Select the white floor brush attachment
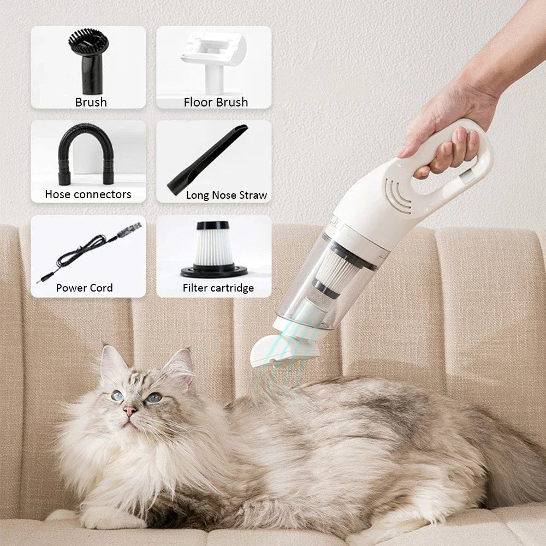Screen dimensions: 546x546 click(x=213, y=57)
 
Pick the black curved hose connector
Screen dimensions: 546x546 click(x=87, y=155)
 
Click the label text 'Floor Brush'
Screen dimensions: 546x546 click(x=216, y=102)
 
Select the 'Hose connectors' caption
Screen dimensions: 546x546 click(x=88, y=194)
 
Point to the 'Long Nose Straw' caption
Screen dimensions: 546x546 click(x=226, y=195)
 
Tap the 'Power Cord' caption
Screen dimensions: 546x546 click(x=84, y=288)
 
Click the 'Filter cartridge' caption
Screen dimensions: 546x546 click(x=218, y=288)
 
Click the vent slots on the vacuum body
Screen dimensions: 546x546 click(x=397, y=195)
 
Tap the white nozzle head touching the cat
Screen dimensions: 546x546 click(x=273, y=349)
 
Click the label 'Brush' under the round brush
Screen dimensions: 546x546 click(x=91, y=102)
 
